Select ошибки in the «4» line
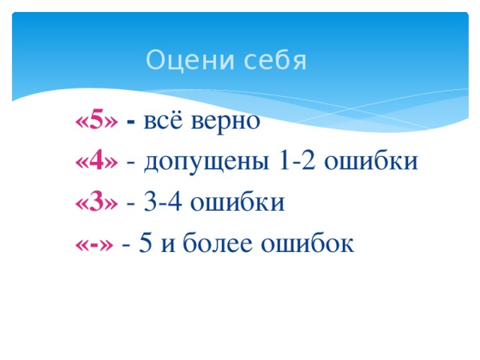pyautogui.click(x=374, y=161)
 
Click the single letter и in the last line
pyautogui.click(x=169, y=244)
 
